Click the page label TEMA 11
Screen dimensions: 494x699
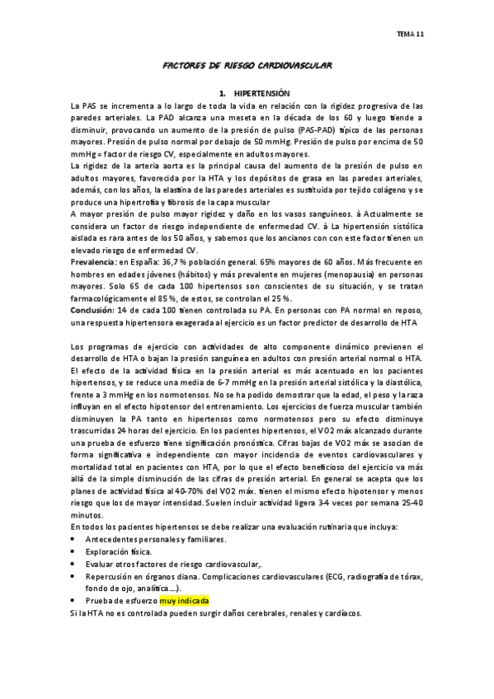click(410, 34)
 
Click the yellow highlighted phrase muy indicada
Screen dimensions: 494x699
click(185, 602)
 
